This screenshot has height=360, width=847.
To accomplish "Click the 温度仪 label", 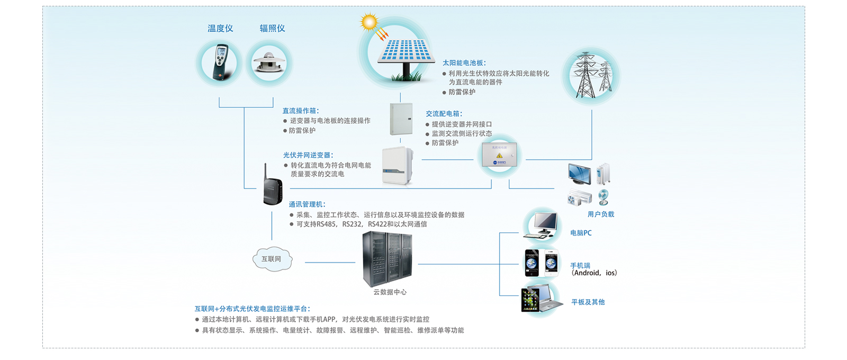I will [x=220, y=29].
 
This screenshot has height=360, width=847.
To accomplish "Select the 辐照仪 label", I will [x=272, y=29].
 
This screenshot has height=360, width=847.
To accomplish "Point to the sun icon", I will [x=368, y=22].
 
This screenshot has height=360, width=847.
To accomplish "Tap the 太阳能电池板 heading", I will [x=464, y=63].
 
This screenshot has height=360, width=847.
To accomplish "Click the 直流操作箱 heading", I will [x=300, y=111].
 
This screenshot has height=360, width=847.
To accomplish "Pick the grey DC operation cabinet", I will [x=401, y=119].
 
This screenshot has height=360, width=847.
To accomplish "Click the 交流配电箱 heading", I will [x=444, y=114].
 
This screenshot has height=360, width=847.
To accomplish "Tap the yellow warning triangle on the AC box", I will [x=499, y=156].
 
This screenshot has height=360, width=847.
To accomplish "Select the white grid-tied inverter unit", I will [x=397, y=166].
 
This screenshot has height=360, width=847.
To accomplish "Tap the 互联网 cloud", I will [x=272, y=259].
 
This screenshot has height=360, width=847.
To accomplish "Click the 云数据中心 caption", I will [x=390, y=292].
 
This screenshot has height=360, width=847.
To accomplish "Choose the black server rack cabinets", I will [x=387, y=259].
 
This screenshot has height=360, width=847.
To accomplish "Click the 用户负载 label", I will [x=601, y=214].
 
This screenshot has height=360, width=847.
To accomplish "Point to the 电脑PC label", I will [x=581, y=233].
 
